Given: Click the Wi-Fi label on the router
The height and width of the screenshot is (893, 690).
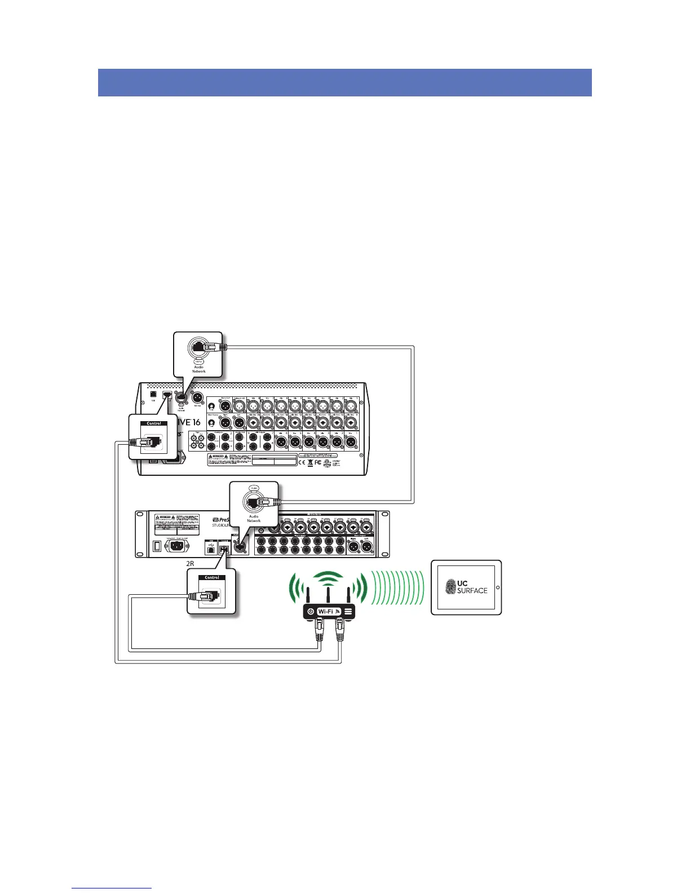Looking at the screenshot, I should (x=326, y=611).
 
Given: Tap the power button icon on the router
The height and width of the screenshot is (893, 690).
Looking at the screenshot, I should (x=309, y=611).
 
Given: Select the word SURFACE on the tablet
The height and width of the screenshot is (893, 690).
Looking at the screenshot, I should (x=472, y=590).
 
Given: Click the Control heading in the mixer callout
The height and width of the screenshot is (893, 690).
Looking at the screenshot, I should (x=154, y=423).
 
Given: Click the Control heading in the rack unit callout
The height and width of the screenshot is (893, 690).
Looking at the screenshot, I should (x=212, y=577).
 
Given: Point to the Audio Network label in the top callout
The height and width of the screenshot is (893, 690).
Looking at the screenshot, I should (x=199, y=369).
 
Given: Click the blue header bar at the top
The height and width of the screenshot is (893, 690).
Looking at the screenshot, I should (x=344, y=83).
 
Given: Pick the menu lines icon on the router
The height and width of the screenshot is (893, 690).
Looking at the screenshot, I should (x=348, y=611).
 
